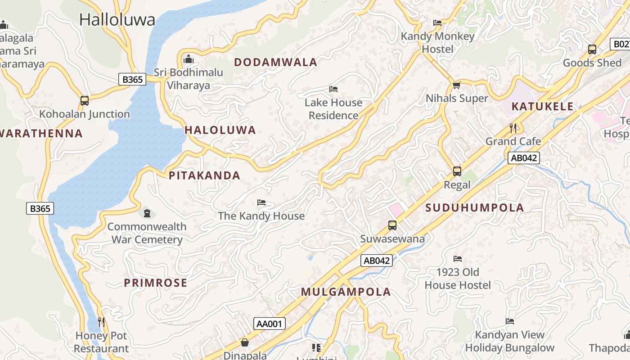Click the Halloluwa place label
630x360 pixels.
point(117,19)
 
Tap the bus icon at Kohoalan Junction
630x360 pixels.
point(84,101)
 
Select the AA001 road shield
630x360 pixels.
point(270,324)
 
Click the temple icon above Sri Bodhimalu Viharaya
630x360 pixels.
point(189,59)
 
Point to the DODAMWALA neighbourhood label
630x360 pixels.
point(276,63)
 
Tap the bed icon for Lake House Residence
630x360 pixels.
point(333,89)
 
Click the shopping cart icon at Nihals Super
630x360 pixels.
point(456,85)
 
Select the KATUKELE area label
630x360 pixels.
point(543,107)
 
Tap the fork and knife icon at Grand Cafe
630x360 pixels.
point(513,128)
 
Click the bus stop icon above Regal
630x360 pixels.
point(457,171)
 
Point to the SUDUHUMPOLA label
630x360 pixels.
point(475,207)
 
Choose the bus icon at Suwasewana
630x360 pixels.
point(392,225)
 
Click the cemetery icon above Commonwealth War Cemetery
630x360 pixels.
point(147,213)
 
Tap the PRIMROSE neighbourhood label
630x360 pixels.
point(155,283)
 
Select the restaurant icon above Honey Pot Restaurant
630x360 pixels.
point(101,322)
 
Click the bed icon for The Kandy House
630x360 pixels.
point(261,202)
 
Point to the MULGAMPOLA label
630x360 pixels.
point(346,292)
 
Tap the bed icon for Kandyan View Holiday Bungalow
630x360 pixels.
point(510,321)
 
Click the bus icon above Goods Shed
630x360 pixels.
point(592,49)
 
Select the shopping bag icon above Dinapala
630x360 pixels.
point(245,343)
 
